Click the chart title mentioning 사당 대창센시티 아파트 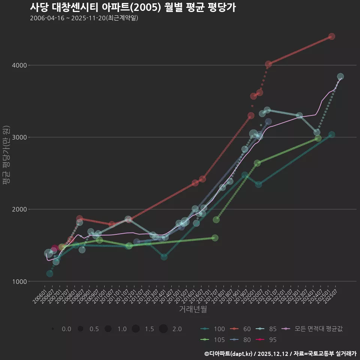tap(133, 7)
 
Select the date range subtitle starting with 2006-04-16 tap(84, 18)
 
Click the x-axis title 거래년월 tap(193, 309)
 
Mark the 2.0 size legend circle tap(163, 329)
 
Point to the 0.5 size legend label tap(94, 329)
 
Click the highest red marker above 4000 tap(331, 36)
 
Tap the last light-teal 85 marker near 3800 tap(340, 76)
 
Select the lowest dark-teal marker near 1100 tap(49, 274)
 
